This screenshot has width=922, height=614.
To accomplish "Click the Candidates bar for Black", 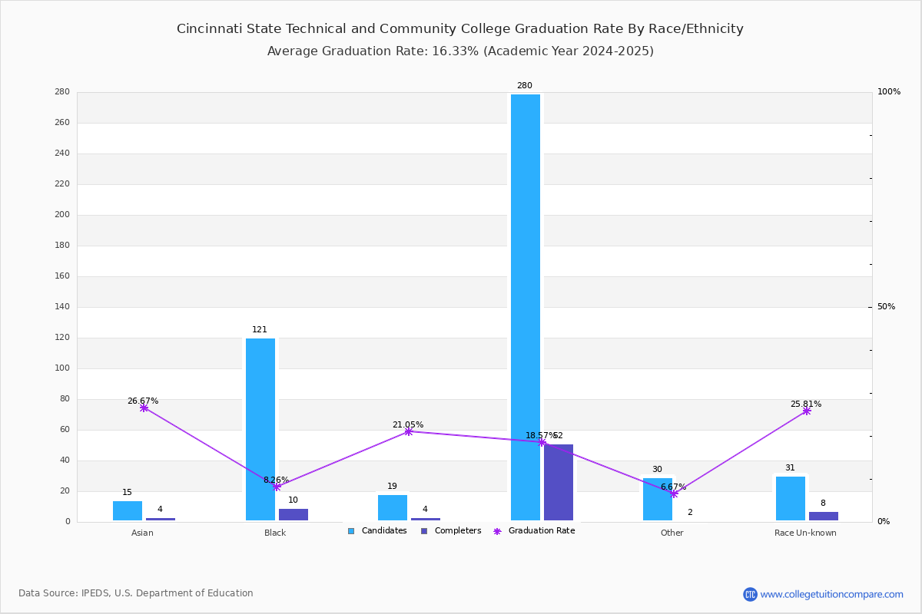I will [260, 430].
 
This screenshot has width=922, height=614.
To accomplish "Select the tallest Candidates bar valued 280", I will [526, 307].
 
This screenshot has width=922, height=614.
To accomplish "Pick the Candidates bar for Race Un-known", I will [791, 498].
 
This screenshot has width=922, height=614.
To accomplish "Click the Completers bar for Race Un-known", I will [824, 516].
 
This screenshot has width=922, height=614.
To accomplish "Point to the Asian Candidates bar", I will [128, 510].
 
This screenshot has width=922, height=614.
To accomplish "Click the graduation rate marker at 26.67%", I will [144, 408].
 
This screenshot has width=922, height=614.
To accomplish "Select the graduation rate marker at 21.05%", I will [409, 431].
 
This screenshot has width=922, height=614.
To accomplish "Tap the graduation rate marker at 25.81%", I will [807, 411].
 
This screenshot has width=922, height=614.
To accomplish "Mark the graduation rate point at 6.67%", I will [674, 494].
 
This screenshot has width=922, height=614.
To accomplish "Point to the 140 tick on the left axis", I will [62, 307].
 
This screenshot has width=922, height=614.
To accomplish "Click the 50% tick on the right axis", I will [886, 307].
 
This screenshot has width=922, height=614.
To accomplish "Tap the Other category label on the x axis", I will [672, 533].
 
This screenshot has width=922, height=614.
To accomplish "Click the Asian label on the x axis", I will [142, 533].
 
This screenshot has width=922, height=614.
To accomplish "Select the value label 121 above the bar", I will [260, 330].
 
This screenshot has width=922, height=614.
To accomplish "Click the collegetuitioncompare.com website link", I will [831, 594].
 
